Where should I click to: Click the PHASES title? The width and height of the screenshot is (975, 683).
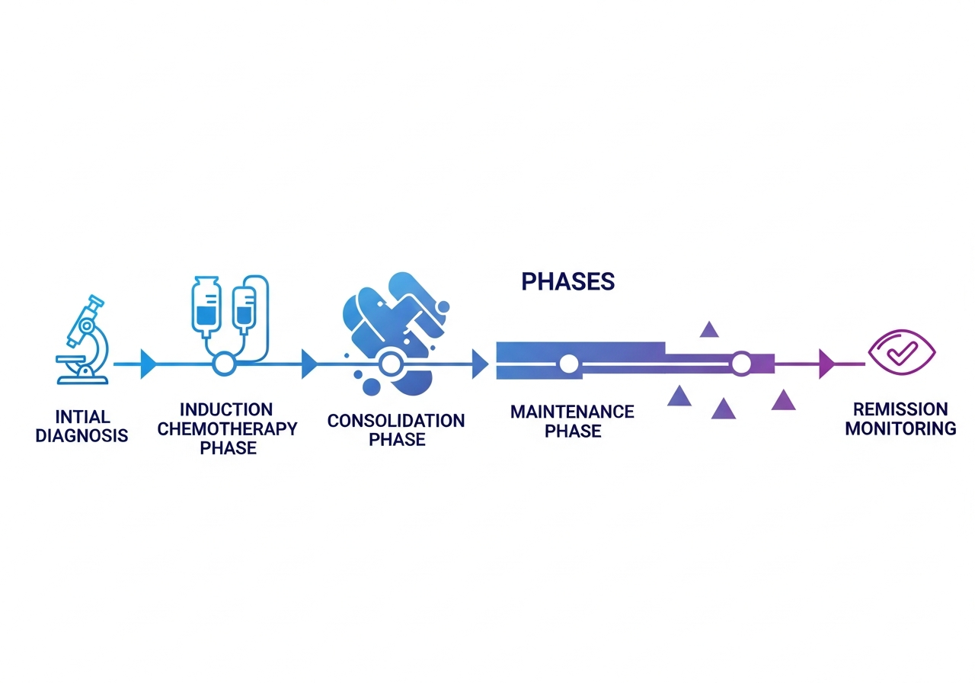(567, 282)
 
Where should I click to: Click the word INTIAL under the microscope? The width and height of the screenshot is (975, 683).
(83, 417)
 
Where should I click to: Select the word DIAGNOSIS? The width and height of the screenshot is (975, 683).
(82, 436)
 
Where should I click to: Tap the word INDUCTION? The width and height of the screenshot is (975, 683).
(226, 410)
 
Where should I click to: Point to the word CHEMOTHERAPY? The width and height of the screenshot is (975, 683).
(227, 429)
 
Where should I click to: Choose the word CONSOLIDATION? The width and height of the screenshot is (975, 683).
(395, 421)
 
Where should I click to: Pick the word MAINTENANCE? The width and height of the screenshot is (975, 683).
(572, 412)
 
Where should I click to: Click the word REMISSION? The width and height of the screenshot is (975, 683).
(900, 409)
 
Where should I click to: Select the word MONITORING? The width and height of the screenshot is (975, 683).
(900, 428)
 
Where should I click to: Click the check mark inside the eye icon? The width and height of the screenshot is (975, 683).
(903, 351)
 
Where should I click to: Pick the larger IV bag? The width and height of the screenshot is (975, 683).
(206, 306)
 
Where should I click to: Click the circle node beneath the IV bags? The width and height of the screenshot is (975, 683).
(224, 364)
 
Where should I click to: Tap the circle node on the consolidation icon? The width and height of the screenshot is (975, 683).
(391, 364)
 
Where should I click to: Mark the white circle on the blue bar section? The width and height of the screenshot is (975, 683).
(568, 364)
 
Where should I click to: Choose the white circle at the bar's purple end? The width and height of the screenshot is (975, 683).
(740, 364)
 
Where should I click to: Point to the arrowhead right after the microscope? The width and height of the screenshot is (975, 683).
(148, 364)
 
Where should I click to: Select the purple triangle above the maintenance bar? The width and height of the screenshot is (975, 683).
(709, 330)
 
